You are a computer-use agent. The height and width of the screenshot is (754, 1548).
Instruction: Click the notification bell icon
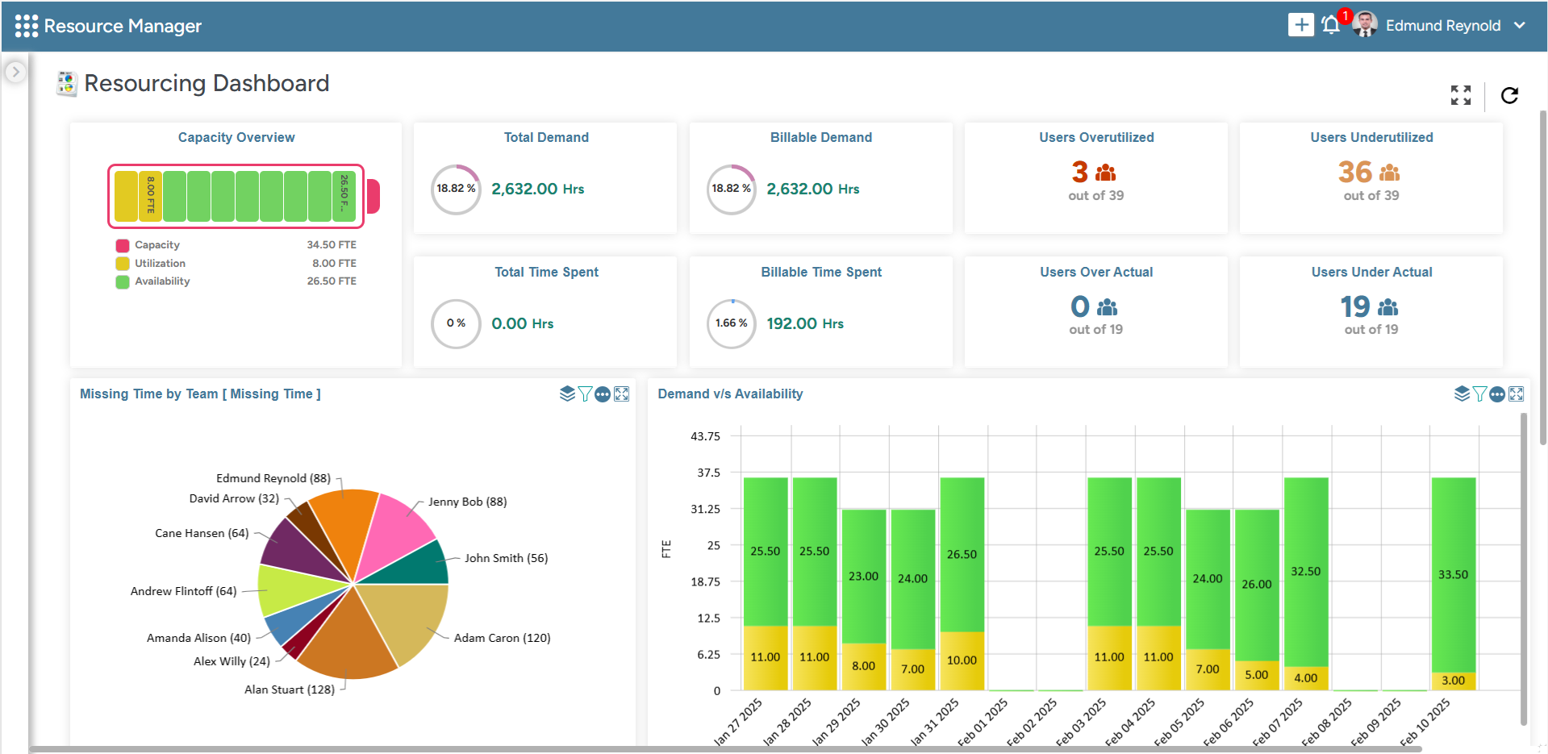tap(1330, 26)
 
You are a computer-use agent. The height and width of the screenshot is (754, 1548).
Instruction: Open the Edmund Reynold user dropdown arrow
tap(1520, 26)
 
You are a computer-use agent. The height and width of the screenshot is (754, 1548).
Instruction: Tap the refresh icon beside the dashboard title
tap(1509, 95)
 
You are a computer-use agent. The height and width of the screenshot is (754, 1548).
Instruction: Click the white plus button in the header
tap(1300, 25)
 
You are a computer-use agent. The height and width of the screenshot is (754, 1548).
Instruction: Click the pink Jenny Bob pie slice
tap(393, 528)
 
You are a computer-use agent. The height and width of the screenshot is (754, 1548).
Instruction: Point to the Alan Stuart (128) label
tap(289, 689)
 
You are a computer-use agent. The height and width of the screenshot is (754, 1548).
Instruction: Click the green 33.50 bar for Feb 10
tap(1453, 573)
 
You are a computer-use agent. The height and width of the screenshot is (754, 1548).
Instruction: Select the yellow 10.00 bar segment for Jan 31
tap(962, 660)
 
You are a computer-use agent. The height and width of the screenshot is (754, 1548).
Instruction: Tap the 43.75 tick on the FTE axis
tap(705, 436)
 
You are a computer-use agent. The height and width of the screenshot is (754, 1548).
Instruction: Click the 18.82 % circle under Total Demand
tap(456, 189)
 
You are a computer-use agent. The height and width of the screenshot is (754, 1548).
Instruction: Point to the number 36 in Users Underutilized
tap(1354, 172)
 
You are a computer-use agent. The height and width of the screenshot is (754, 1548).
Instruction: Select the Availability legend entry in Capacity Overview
tap(162, 281)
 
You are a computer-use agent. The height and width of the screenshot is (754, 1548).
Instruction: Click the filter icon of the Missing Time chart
tap(585, 394)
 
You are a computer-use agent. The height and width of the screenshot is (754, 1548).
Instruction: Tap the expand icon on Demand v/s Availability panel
tap(1516, 394)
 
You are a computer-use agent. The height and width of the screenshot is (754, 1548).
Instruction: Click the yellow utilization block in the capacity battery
tap(127, 196)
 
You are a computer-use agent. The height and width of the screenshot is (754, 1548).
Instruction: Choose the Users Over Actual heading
tap(1095, 273)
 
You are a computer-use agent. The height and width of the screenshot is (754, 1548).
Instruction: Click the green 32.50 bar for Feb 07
tap(1305, 571)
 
